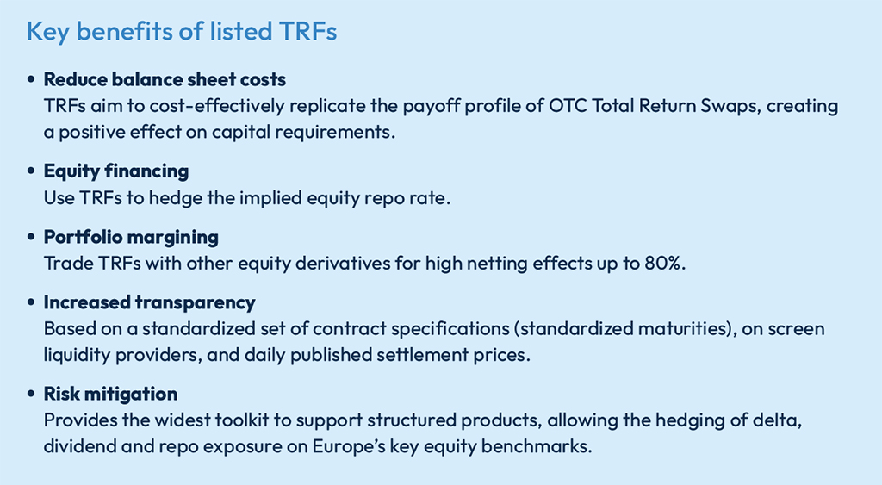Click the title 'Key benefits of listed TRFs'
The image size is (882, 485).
tap(182, 32)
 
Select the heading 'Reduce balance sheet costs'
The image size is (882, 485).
tap(165, 79)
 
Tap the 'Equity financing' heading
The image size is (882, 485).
tap(116, 171)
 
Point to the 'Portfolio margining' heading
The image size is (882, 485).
tap(131, 237)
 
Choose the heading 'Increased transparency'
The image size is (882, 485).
tap(150, 302)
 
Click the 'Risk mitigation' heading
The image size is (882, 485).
tap(111, 394)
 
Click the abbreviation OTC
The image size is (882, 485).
tap(567, 106)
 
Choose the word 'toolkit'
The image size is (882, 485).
tap(258, 420)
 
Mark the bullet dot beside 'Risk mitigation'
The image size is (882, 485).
tap(31, 395)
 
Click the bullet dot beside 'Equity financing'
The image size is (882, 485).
tap(31, 171)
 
